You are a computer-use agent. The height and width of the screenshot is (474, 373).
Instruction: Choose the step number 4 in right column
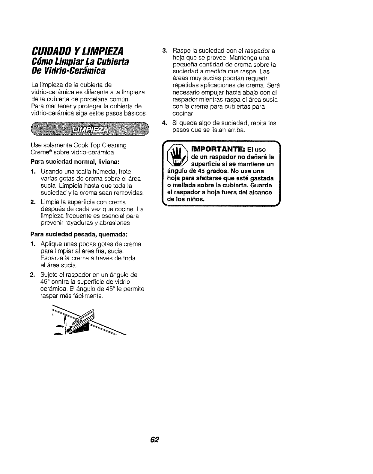[x=164, y=123]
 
